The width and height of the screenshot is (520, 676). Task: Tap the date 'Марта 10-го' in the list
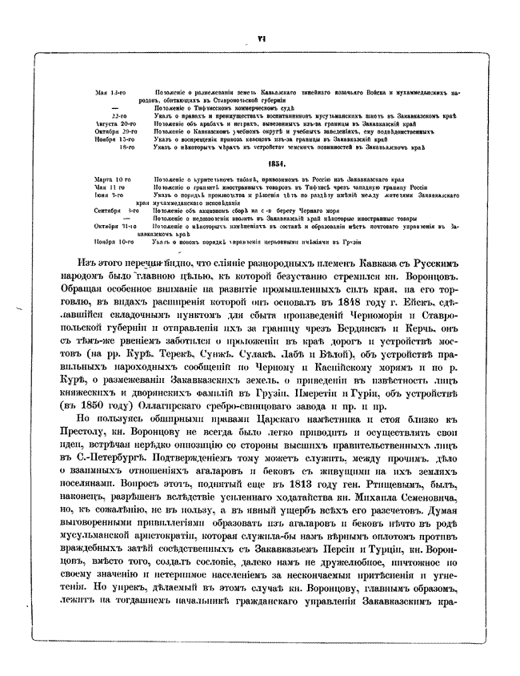click(112, 179)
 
